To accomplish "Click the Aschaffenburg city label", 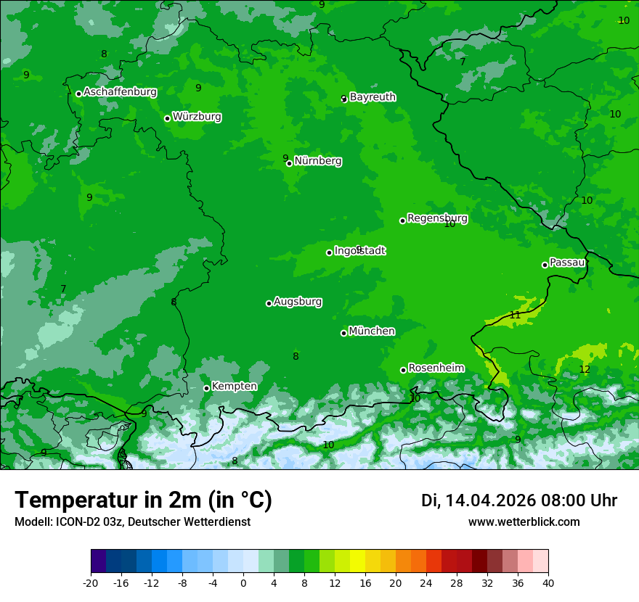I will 120,92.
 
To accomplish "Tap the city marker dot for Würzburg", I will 167,118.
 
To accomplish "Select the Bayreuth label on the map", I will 373,96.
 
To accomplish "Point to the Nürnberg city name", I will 318,161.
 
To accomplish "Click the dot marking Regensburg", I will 402,220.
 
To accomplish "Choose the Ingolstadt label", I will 359,251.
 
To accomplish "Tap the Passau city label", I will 567,263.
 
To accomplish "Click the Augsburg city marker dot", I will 269,303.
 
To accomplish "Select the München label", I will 372,331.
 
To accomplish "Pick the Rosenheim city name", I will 436,368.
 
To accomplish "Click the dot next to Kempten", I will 206,388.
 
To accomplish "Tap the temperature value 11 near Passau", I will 515,315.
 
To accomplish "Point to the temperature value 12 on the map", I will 585,369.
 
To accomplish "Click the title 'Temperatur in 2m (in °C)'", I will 144,500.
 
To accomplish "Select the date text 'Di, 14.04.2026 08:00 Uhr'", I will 519,500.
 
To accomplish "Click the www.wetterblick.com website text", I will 524,522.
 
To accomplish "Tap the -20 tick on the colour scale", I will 90,582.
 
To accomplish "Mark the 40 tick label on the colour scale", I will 548,582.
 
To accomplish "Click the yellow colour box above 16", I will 357,561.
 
